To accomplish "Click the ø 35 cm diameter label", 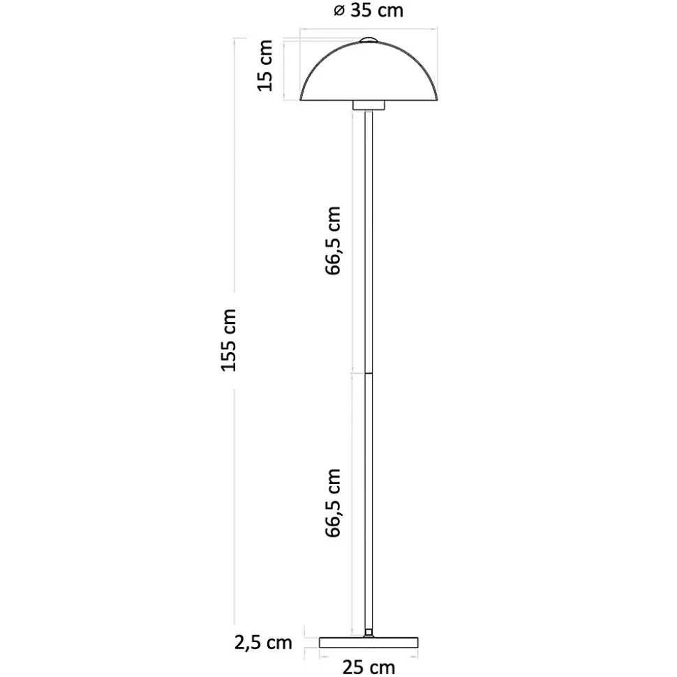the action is [x=369, y=10].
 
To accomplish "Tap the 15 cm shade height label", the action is [x=265, y=66].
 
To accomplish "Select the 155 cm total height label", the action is [x=229, y=340].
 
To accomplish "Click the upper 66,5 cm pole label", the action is [x=333, y=241].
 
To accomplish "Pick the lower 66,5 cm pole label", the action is [x=333, y=503].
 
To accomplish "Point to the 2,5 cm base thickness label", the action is [x=263, y=643].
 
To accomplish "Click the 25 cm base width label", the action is [x=369, y=667].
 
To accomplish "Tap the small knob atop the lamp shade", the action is [x=369, y=40].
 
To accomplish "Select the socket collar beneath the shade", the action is [x=369, y=105].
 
